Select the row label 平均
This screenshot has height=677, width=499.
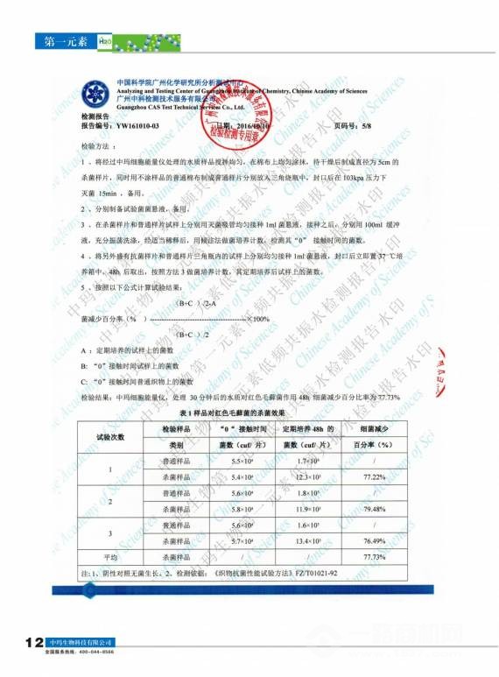click(x=110, y=556)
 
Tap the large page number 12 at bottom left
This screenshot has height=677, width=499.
click(x=35, y=644)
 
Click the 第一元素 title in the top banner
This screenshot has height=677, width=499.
click(x=63, y=41)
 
